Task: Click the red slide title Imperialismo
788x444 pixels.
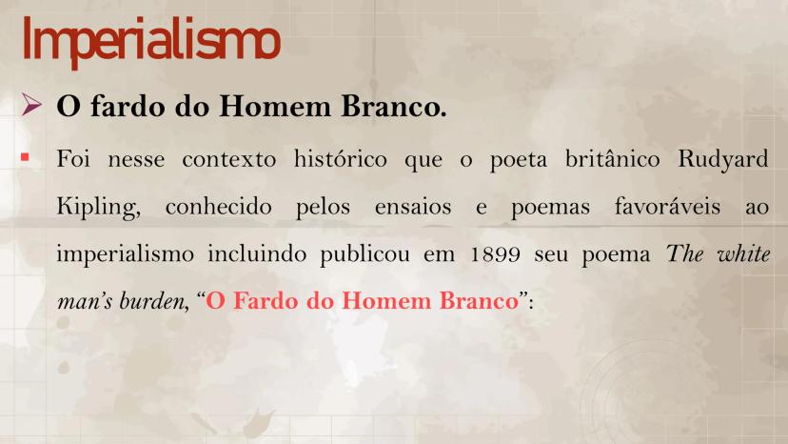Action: (x=150, y=41)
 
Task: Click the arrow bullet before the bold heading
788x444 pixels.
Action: (x=31, y=105)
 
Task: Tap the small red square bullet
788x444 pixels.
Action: (x=25, y=157)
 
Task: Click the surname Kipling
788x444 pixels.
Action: (x=99, y=208)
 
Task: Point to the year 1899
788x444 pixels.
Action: (x=496, y=254)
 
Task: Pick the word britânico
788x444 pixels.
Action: (x=612, y=159)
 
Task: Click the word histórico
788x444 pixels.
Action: (x=340, y=159)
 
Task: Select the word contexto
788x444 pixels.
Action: (x=228, y=160)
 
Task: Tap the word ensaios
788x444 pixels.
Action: (x=413, y=208)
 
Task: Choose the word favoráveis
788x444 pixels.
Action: (x=667, y=207)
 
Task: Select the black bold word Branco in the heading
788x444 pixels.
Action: (x=393, y=106)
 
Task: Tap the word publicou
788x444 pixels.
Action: (x=364, y=254)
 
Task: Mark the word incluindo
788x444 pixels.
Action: (x=257, y=253)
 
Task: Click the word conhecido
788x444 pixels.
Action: (x=218, y=207)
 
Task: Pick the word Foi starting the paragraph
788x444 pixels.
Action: (x=73, y=159)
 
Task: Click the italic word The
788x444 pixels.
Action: (x=684, y=253)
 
